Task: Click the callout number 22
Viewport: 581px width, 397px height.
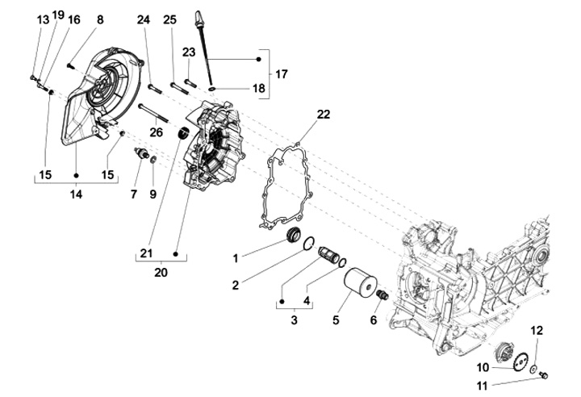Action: pyautogui.click(x=324, y=115)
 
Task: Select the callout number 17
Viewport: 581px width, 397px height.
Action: pyautogui.click(x=281, y=74)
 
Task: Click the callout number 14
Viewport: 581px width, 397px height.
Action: pyautogui.click(x=76, y=194)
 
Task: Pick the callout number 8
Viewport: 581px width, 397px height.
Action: pyautogui.click(x=100, y=19)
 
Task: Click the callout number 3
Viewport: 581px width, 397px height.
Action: pyautogui.click(x=295, y=320)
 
